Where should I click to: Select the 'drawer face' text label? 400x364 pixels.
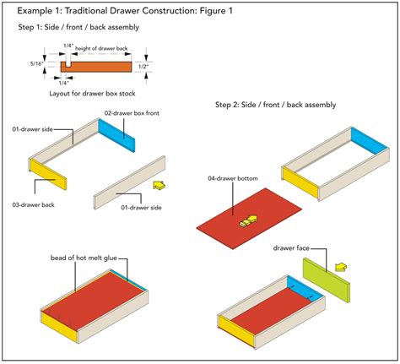point(293,248)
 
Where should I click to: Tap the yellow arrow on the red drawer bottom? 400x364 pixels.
point(246,222)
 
